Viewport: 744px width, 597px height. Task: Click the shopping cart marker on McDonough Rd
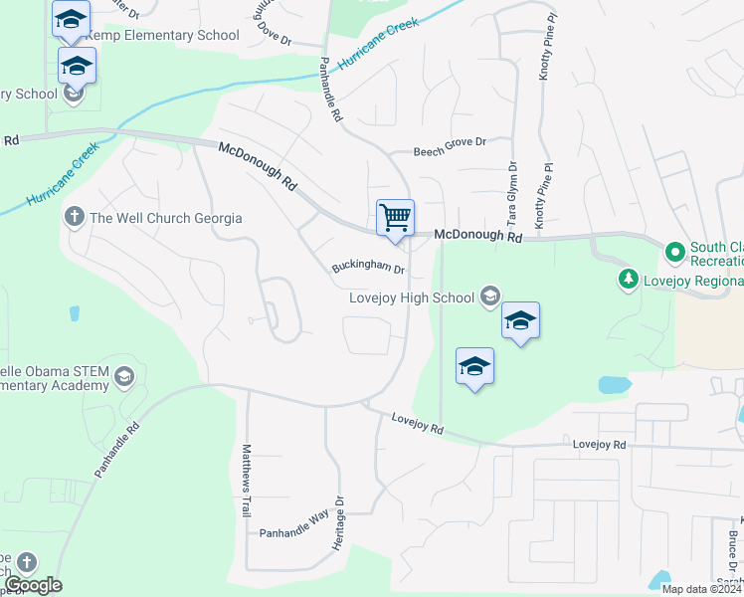[395, 217]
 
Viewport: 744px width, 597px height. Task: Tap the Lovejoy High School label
[412, 297]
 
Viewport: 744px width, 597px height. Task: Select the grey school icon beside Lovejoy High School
[489, 296]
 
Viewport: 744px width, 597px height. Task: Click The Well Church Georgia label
[165, 218]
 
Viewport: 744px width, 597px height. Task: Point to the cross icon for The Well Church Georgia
[75, 217]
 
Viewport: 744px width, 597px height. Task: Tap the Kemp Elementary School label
[163, 35]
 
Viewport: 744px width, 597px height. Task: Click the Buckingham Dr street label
[368, 268]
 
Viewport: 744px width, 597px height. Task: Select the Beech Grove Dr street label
[438, 142]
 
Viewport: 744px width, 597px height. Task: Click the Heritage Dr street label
[338, 523]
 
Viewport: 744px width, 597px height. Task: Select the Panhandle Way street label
[293, 532]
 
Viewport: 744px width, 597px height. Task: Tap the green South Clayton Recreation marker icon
[675, 253]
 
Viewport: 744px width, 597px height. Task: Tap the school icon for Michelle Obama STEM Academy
[123, 375]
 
